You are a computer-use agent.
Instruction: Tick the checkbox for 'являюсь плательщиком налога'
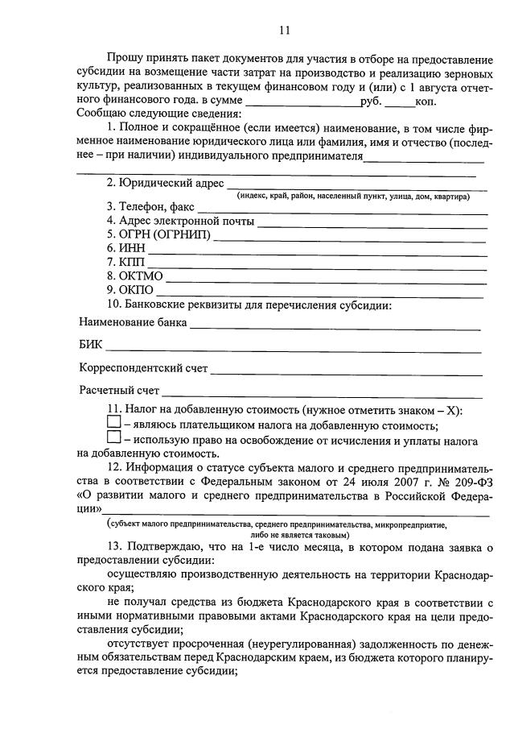coord(113,425)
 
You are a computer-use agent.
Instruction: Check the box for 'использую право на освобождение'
coord(113,440)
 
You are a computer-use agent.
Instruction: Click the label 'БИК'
coord(91,346)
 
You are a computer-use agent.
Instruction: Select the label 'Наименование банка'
coord(133,323)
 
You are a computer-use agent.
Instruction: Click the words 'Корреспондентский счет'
coord(143,369)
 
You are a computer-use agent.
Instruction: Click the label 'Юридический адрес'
coord(165,183)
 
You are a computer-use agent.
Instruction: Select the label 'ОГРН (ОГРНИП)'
coord(158,234)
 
